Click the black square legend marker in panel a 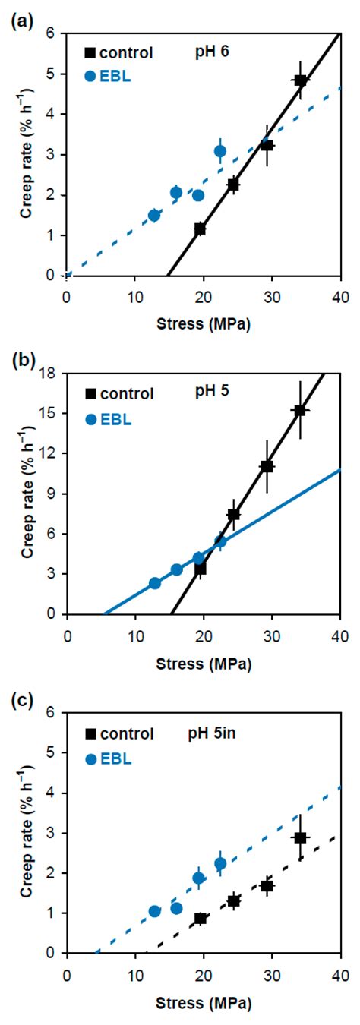[90, 53]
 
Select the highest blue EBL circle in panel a [220, 151]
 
